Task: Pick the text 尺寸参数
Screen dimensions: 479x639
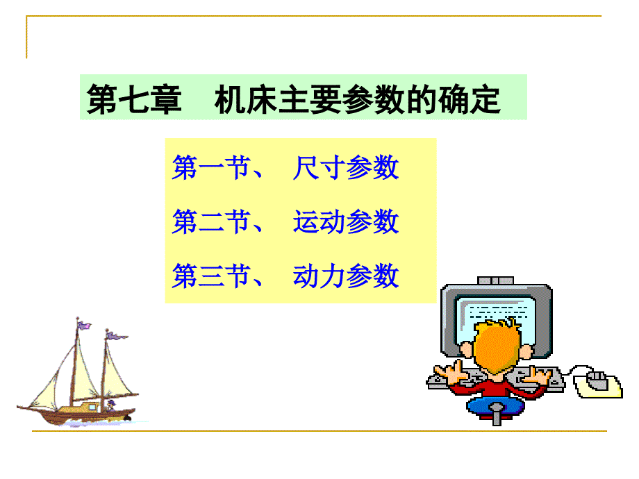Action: pos(346,169)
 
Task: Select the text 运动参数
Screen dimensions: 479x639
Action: pos(346,222)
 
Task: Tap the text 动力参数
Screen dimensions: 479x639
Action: pos(346,276)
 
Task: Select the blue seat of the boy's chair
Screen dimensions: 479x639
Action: pos(496,405)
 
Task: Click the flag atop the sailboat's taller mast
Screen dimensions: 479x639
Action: pos(83,323)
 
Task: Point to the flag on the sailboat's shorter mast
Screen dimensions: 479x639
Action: pos(116,337)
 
